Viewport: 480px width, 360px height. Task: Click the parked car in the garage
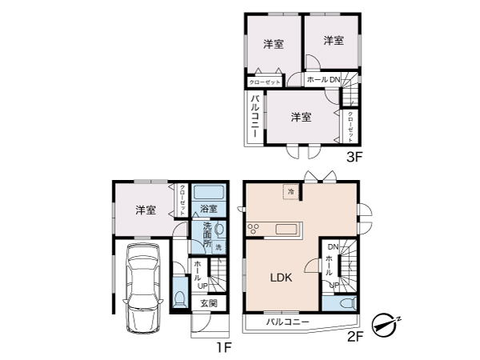point(143,289)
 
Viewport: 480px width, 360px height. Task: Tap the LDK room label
point(280,278)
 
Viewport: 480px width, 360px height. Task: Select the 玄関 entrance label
point(208,303)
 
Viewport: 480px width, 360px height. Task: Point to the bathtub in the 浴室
point(209,192)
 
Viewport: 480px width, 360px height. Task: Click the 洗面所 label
point(206,236)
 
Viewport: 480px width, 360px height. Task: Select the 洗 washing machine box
point(218,248)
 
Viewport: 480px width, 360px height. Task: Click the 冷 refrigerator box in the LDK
point(290,192)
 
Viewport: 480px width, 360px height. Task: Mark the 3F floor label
point(354,157)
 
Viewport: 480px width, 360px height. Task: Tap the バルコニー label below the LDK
point(283,322)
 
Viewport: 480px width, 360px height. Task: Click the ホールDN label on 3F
point(323,80)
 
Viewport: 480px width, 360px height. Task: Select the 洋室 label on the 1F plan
point(145,210)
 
